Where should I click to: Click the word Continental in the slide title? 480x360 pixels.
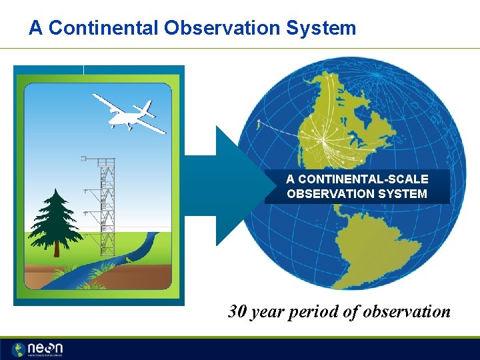pos(102,28)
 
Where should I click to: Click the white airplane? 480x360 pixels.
pos(130,113)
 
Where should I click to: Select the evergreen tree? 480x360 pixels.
pos(57,220)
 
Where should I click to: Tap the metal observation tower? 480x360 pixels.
pos(105,207)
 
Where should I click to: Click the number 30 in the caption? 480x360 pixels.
pos(237,311)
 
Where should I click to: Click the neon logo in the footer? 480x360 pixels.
pos(39,349)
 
